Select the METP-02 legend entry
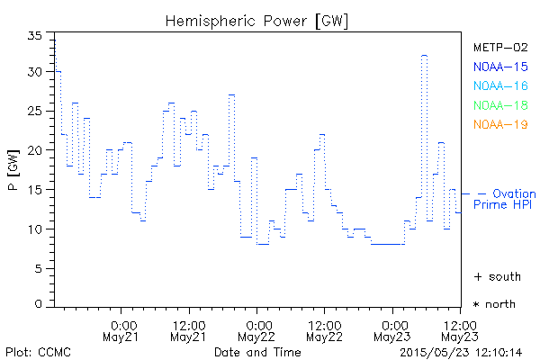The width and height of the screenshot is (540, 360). click(x=499, y=47)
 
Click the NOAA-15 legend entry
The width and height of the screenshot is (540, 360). click(x=499, y=67)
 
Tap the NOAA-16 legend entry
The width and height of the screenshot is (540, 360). click(x=499, y=86)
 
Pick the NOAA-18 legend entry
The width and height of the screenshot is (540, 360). click(x=499, y=105)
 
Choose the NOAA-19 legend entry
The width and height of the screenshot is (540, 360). click(x=499, y=125)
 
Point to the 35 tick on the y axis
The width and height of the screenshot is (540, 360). click(x=37, y=34)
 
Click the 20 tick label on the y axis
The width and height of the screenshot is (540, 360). click(x=37, y=150)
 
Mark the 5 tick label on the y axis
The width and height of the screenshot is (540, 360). click(x=40, y=268)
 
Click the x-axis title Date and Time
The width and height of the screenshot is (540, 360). click(x=257, y=352)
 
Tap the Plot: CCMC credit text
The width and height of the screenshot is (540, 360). click(x=38, y=352)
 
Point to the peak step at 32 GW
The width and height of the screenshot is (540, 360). click(x=424, y=56)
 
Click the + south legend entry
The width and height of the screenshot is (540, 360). click(x=494, y=276)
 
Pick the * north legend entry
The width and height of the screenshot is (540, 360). click(x=494, y=304)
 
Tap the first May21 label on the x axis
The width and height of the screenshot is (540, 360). click(x=122, y=337)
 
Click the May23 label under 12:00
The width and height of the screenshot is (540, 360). click(x=459, y=337)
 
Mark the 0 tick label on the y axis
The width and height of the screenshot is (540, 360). click(x=40, y=304)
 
